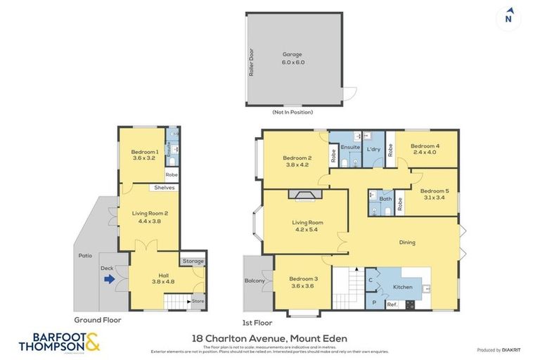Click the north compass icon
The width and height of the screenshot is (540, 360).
coord(508,17)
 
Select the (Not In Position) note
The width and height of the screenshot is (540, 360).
coord(292,112)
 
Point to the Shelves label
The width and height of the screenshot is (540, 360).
coord(164,188)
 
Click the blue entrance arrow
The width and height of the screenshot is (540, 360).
coord(110,279)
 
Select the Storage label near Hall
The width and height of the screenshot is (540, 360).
coord(193,262)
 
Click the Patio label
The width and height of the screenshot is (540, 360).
coord(84,255)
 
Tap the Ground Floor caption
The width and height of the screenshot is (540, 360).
coord(98,320)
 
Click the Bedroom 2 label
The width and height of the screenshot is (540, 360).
coord(297,161)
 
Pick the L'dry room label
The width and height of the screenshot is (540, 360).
coord(373,150)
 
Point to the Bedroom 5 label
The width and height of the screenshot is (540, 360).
coord(434,194)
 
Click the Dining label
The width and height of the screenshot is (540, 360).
coord(406,243)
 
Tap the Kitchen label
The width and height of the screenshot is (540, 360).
coord(402,287)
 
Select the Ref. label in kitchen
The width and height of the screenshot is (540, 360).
coord(392,304)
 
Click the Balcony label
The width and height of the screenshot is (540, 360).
coord(255,281)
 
